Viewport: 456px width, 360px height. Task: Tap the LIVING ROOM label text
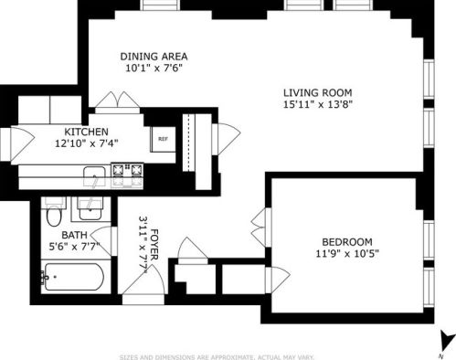tap(317, 93)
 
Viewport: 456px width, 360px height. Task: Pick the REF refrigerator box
tap(163, 139)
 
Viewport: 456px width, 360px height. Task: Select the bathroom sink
tap(90, 207)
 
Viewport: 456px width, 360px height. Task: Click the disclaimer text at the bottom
tap(228, 355)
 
